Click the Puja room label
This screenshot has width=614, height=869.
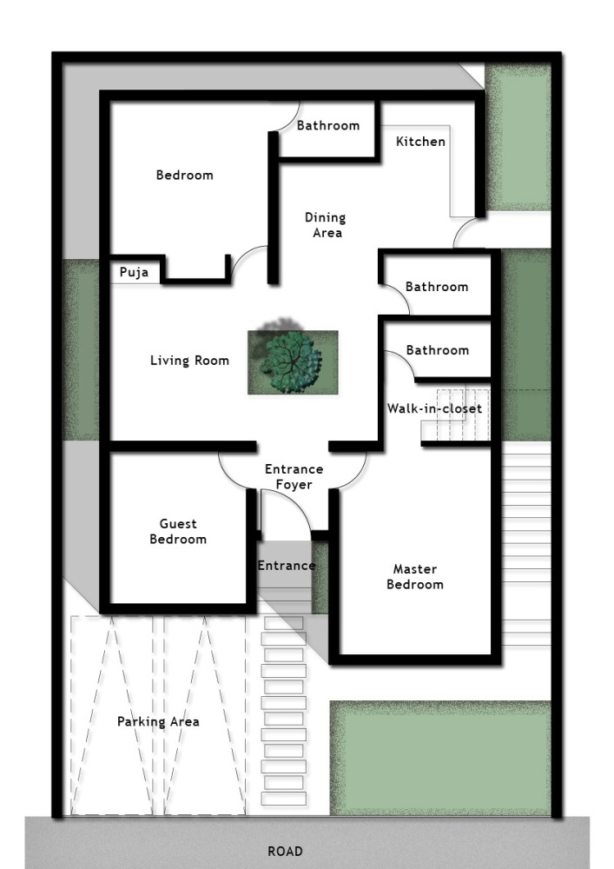pyautogui.click(x=134, y=273)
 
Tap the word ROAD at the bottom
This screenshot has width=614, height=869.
pyautogui.click(x=285, y=852)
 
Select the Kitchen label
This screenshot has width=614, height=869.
pyautogui.click(x=421, y=142)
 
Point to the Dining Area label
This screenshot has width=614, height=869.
pyautogui.click(x=326, y=225)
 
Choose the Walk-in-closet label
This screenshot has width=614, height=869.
pyautogui.click(x=434, y=408)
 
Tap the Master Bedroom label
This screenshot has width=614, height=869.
pyautogui.click(x=415, y=576)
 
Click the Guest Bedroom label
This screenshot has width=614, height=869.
pyautogui.click(x=178, y=532)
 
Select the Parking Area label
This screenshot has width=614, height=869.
pyautogui.click(x=158, y=721)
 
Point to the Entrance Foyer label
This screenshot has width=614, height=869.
pyautogui.click(x=294, y=476)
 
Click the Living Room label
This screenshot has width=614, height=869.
pyautogui.click(x=190, y=361)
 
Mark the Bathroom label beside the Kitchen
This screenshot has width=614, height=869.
pyautogui.click(x=328, y=126)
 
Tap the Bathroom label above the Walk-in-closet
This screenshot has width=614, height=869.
pyautogui.click(x=438, y=350)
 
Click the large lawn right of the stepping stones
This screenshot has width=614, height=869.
pyautogui.click(x=440, y=758)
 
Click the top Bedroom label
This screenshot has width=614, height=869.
pyautogui.click(x=185, y=176)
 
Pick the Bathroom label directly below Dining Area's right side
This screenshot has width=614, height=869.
pyautogui.click(x=437, y=287)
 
